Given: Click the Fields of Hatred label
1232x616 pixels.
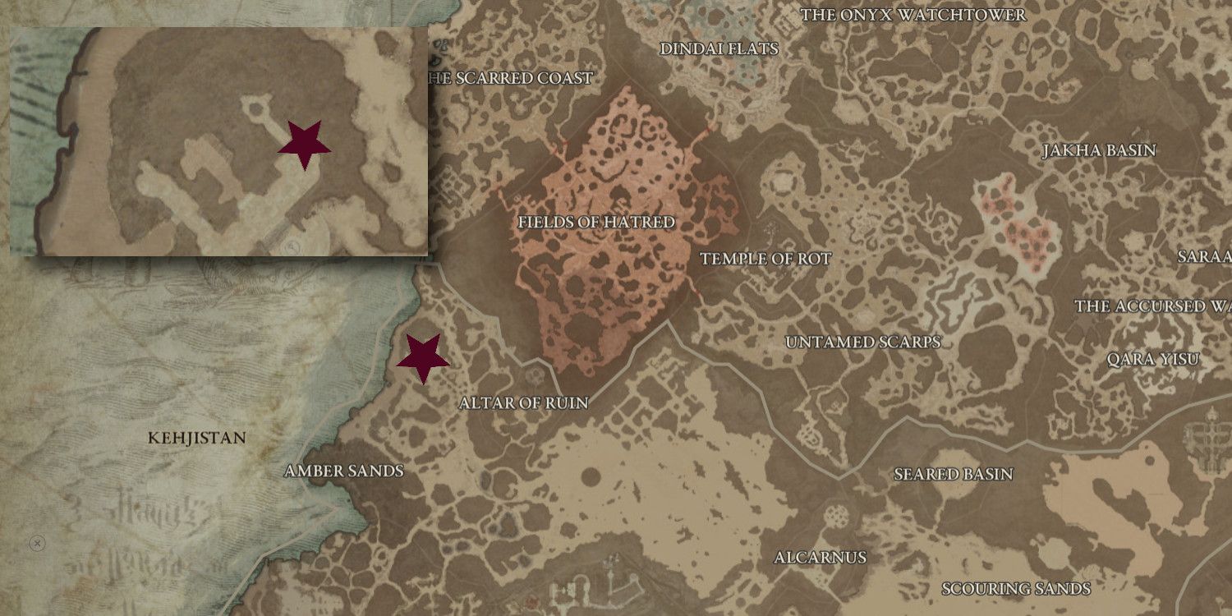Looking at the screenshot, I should click(596, 223).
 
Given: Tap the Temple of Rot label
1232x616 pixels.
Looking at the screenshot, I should click(765, 260).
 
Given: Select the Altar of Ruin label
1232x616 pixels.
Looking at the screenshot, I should click(524, 403).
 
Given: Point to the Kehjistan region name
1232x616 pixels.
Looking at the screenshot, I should click(196, 438).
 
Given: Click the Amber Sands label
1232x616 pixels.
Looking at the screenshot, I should click(343, 471).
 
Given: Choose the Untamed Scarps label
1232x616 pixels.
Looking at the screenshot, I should click(862, 342).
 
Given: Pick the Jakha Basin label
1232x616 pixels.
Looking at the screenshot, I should click(1099, 151).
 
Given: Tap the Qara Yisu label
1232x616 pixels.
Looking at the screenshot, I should click(1152, 360).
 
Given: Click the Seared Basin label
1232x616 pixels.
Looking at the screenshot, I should click(953, 475).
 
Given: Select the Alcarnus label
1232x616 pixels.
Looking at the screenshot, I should click(820, 558).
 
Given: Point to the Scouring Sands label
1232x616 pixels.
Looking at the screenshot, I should click(1015, 589).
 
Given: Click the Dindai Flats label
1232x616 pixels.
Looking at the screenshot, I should click(719, 49).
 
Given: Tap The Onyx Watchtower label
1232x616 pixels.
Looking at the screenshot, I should click(913, 15).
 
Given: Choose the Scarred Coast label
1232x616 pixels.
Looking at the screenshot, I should click(511, 78).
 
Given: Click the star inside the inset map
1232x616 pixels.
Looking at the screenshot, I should click(304, 145).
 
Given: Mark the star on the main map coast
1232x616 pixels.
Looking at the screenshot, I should click(423, 358).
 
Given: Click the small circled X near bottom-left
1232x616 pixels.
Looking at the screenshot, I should click(36, 543).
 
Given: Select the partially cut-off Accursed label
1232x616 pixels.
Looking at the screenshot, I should click(1152, 306).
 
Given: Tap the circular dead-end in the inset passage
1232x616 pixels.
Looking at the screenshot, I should click(257, 106).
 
